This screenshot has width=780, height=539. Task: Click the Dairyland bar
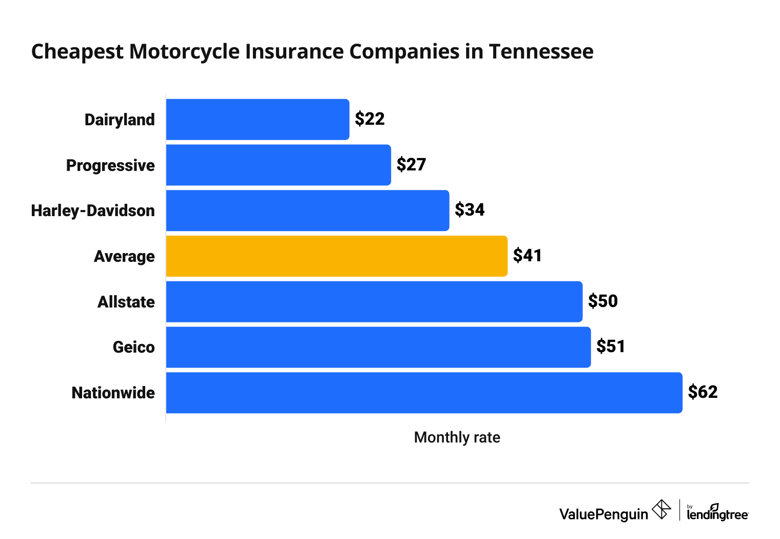[x=258, y=120]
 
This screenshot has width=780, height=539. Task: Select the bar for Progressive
[x=278, y=165]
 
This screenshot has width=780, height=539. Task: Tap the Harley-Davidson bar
[x=307, y=210]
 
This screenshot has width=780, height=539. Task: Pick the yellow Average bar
[x=337, y=256]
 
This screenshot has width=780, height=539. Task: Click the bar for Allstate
[x=374, y=302]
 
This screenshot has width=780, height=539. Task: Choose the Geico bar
[x=378, y=347]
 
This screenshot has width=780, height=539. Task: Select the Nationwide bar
[x=424, y=393]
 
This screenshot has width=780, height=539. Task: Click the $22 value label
[x=369, y=119]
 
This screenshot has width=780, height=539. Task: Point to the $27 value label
[x=411, y=165]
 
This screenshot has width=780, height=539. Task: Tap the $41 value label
[x=528, y=256]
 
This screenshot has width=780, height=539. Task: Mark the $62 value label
[x=703, y=392]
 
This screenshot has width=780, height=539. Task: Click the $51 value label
[x=611, y=346]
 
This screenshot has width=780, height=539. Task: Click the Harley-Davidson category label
[x=93, y=210]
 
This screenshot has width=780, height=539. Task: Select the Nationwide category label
[x=113, y=393]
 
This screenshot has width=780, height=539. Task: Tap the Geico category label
[x=133, y=348]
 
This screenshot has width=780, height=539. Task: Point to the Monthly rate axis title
[x=457, y=437]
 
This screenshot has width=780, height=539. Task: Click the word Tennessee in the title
[x=541, y=52]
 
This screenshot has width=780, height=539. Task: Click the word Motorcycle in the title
[x=185, y=52]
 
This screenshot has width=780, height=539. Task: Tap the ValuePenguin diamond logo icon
[x=661, y=510]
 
